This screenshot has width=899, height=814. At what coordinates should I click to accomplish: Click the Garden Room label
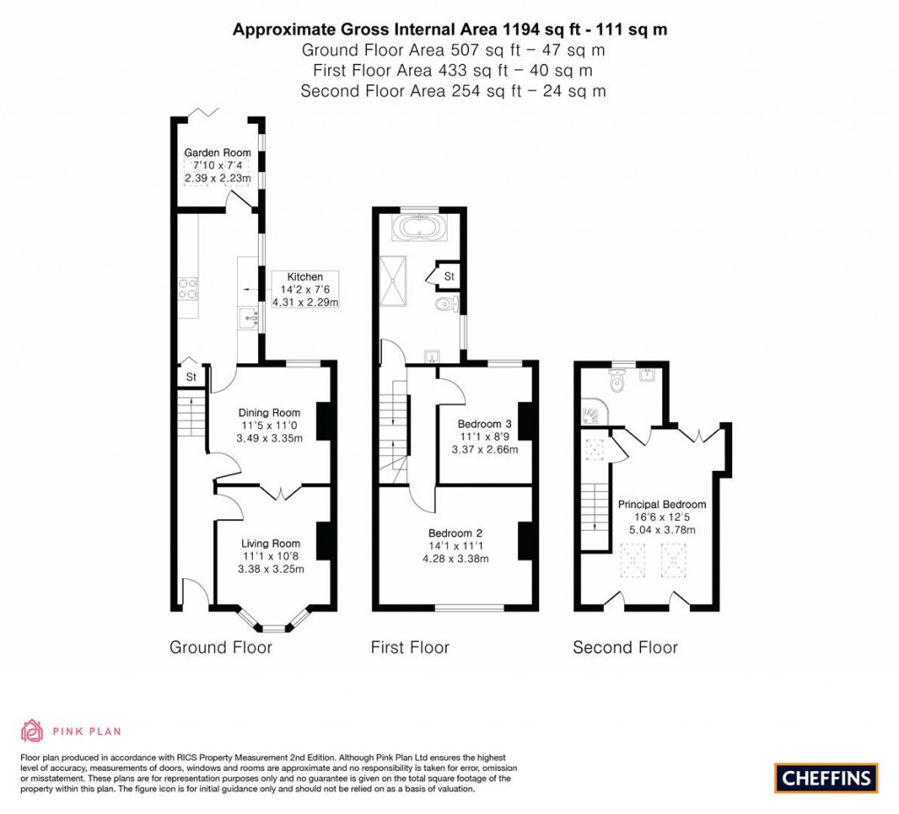[x=217, y=153]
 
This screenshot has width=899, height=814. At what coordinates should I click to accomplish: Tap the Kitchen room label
[x=305, y=276]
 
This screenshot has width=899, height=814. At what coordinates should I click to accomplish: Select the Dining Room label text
[x=270, y=412]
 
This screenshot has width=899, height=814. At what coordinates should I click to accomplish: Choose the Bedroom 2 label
[x=456, y=532]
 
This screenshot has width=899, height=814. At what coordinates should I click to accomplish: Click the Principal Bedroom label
[x=662, y=504]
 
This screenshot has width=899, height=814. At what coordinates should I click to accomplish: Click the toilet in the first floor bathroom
[x=447, y=304]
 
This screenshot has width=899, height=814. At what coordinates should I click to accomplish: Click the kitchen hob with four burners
[x=189, y=289]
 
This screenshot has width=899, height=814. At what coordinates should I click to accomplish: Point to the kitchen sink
[x=245, y=316]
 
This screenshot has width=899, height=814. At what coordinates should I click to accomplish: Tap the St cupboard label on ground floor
[x=189, y=376]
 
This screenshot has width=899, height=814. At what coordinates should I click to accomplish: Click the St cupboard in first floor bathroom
[x=449, y=276]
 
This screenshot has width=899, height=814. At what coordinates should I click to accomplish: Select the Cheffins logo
[x=825, y=777]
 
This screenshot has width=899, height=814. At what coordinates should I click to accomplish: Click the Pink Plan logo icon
[x=32, y=730]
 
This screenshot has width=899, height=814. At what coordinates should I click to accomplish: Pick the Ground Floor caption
[x=220, y=647]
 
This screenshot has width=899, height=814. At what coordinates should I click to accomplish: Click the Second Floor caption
[x=625, y=647]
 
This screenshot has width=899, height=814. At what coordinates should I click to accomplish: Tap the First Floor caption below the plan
[x=410, y=647]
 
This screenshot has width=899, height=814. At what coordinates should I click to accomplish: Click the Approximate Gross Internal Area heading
[x=449, y=29]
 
